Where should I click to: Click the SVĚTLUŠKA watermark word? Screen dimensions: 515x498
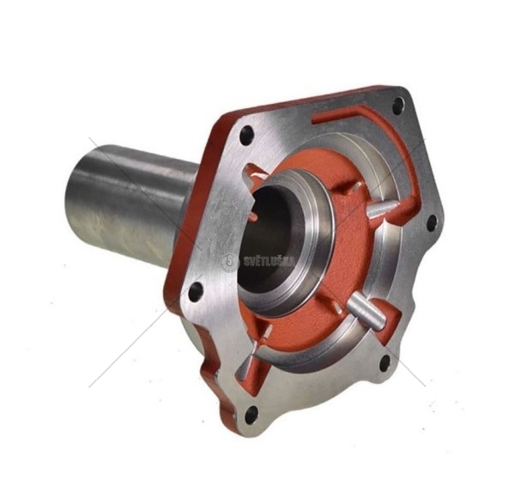pyautogui.click(x=270, y=261)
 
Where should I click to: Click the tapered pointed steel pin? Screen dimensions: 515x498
pyautogui.click(x=383, y=210)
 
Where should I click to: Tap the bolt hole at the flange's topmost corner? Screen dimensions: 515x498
pyautogui.click(x=397, y=106)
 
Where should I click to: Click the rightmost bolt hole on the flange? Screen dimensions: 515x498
pyautogui.click(x=431, y=223)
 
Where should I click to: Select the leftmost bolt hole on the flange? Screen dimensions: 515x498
pyautogui.click(x=196, y=290)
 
